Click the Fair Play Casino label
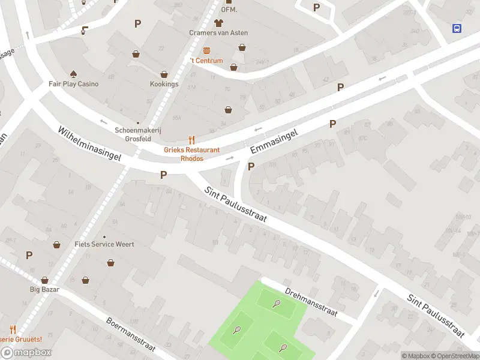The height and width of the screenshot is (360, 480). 73,84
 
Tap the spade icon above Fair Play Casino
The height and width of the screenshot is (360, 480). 73,74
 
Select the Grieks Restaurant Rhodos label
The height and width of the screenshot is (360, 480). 192,154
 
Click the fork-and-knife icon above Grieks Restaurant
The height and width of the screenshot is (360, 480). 192,140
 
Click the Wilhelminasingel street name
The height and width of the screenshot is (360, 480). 89,143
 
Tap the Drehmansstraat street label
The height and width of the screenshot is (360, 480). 311,301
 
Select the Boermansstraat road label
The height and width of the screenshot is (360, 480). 131,334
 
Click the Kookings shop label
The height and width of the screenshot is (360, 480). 164,84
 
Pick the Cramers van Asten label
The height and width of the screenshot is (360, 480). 218,33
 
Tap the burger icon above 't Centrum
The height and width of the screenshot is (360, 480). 207,50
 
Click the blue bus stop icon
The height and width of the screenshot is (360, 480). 457,28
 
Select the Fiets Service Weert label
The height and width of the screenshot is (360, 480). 104,244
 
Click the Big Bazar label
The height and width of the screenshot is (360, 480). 44,289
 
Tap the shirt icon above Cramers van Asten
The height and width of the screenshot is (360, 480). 218,23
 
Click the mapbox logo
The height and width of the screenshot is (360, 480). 26,352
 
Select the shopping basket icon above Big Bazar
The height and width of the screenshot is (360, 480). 45,280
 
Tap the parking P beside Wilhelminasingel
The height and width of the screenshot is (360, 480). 163,175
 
